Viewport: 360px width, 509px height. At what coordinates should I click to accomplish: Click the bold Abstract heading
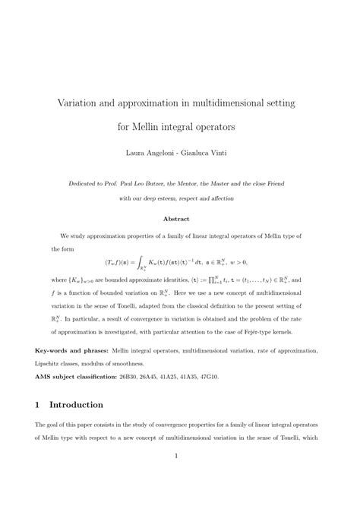click(x=180, y=218)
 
